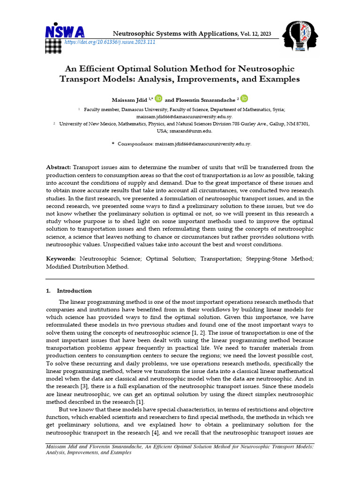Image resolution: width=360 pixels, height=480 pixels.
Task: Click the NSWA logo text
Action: pyautogui.click(x=65, y=31)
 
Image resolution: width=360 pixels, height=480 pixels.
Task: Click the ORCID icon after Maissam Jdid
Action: pyautogui.click(x=158, y=98)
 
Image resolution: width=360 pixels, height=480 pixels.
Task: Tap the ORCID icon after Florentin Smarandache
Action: pyautogui.click(x=245, y=98)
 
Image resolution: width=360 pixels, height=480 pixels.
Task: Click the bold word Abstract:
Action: pyautogui.click(x=59, y=167)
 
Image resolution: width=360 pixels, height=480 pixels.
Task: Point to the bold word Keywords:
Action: pyautogui.click(x=61, y=258)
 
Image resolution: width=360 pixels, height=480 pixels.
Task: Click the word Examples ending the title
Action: pyautogui.click(x=277, y=79)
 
